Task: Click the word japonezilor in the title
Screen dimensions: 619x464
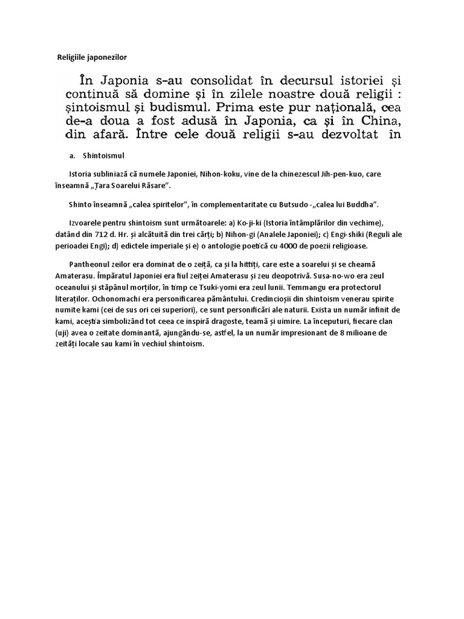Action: coord(107,57)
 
